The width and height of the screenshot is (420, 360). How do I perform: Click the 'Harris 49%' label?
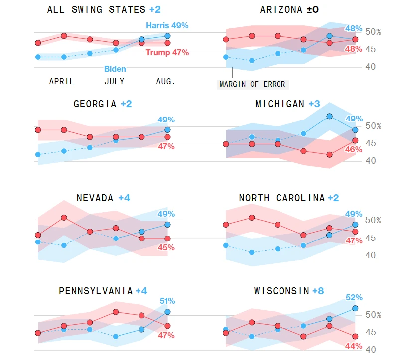[167, 25]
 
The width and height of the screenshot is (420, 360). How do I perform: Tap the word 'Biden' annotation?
[115, 69]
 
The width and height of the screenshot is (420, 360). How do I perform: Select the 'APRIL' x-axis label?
[61, 81]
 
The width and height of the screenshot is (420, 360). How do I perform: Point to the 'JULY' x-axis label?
[114, 81]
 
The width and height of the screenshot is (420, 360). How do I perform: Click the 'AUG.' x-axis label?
[166, 81]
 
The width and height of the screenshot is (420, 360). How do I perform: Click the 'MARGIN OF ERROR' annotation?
[253, 84]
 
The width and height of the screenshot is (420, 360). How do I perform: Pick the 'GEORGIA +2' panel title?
[103, 104]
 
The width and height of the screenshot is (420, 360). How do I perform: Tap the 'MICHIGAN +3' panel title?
[287, 104]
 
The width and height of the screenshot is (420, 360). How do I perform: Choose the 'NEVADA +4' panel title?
[103, 198]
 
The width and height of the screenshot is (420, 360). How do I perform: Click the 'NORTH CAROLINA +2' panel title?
[288, 198]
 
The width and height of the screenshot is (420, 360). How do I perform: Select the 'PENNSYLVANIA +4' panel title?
[103, 291]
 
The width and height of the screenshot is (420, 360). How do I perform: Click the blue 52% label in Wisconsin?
[354, 297]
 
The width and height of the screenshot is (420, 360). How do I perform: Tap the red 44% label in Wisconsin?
[354, 346]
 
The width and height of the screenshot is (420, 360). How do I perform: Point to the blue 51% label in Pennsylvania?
[167, 301]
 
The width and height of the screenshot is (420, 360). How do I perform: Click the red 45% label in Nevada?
[166, 247]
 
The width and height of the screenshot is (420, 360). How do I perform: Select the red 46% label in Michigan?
[354, 149]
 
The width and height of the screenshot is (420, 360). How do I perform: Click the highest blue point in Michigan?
[329, 116]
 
